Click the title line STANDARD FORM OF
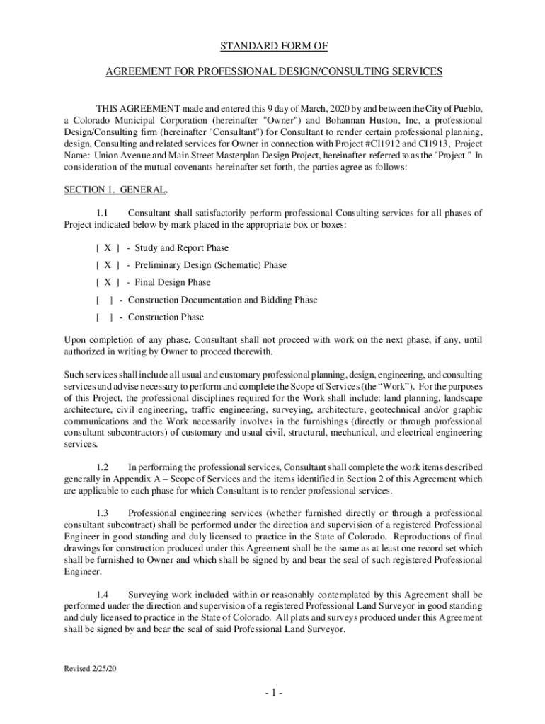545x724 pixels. click(272, 47)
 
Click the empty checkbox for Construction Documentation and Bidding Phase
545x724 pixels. click(106, 300)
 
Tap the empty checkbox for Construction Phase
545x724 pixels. click(106, 317)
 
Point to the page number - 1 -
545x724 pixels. click(272, 693)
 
